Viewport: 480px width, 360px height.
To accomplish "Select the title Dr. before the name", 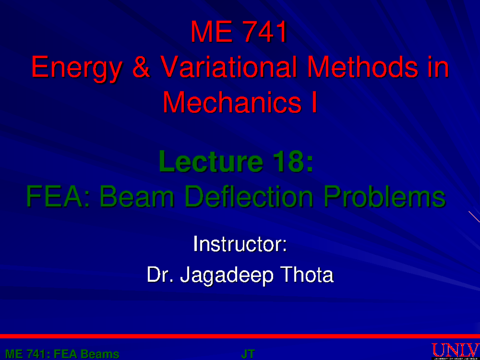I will tap(160, 275).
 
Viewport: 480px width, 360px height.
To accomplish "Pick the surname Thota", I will tap(308, 275).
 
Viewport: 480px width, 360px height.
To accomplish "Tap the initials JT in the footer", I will tap(248, 354).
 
